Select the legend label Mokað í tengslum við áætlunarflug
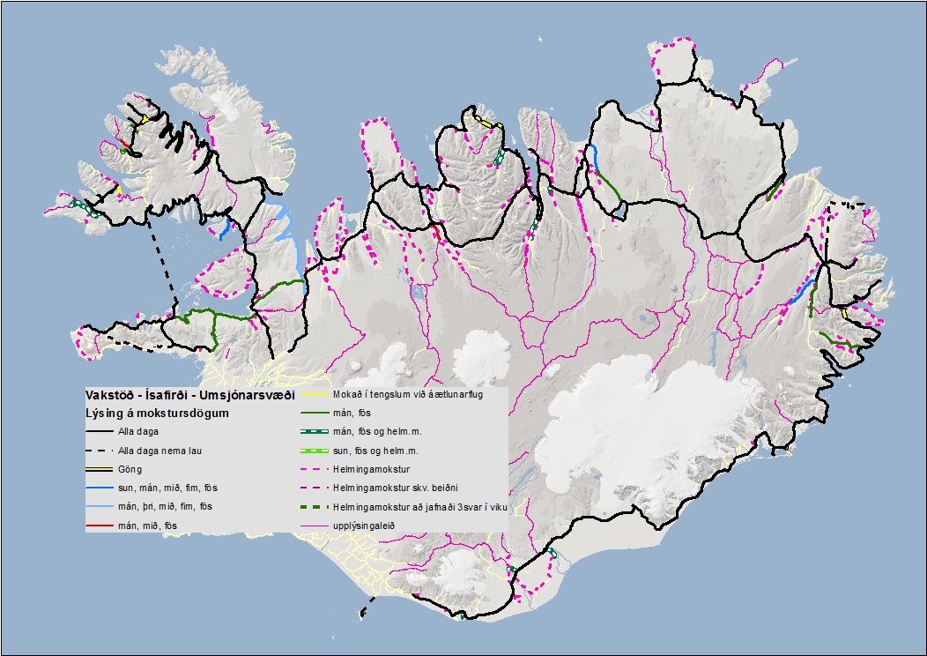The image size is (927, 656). point(406,395)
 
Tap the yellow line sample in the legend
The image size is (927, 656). point(317,395)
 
